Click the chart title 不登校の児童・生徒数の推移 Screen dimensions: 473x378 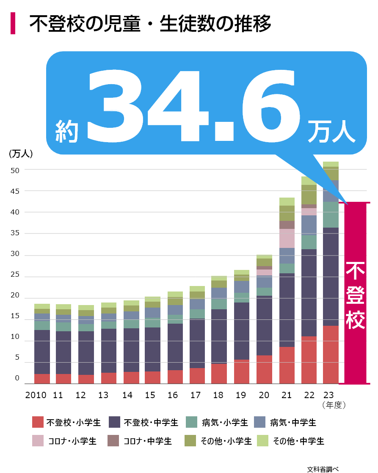pyautogui.click(x=150, y=24)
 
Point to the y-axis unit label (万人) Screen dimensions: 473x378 pyautogui.click(x=21, y=154)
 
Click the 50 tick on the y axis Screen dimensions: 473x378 pyautogui.click(x=15, y=170)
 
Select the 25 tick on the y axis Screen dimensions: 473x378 pyautogui.click(x=15, y=275)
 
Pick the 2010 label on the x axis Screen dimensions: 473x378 pyautogui.click(x=36, y=396)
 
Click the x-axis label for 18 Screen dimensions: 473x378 pyautogui.click(x=218, y=396)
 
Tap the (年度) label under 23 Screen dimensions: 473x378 pyautogui.click(x=334, y=405)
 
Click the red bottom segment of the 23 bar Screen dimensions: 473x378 pyautogui.click(x=331, y=355)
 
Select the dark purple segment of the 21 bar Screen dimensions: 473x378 pyautogui.click(x=287, y=310)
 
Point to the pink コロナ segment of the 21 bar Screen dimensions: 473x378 pyautogui.click(x=287, y=238)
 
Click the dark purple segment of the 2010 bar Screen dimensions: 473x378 pyautogui.click(x=42, y=352)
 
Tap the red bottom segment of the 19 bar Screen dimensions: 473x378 pyautogui.click(x=242, y=371)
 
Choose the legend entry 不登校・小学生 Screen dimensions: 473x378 pyautogui.click(x=67, y=422)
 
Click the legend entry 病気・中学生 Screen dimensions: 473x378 pyautogui.click(x=285, y=422)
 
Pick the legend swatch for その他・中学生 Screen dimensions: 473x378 pyautogui.click(x=262, y=441)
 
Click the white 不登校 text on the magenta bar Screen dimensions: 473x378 pyautogui.click(x=355, y=295)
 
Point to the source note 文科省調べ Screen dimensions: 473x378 pyautogui.click(x=323, y=469)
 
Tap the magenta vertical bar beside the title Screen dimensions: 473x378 pyautogui.click(x=13, y=23)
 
